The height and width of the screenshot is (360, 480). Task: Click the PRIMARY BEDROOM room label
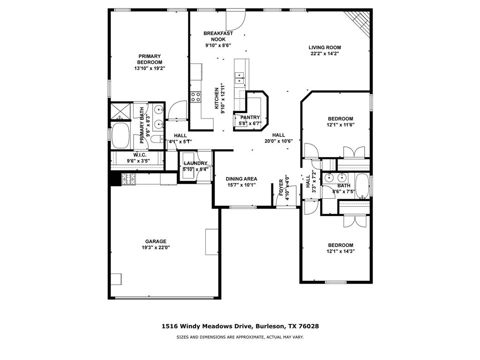coord(150,60)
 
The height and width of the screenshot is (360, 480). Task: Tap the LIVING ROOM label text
coord(324,47)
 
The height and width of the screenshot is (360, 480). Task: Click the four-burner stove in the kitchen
coord(195,97)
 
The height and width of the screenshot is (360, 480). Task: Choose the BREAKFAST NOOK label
coord(218,36)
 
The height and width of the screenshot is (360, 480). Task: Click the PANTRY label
coord(250,118)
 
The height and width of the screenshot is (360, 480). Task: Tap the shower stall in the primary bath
coord(120,111)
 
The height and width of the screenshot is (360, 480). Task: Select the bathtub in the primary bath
coord(121,135)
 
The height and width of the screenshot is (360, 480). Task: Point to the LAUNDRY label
coord(195,163)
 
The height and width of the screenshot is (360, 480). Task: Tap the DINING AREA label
coord(241,179)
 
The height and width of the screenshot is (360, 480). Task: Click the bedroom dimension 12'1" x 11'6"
coord(340,125)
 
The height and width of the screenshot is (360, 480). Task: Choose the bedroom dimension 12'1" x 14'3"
coord(340,251)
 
